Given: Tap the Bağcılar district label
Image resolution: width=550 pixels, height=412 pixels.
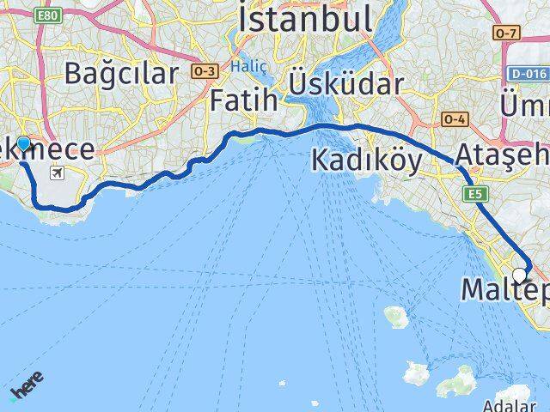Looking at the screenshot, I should [120, 73].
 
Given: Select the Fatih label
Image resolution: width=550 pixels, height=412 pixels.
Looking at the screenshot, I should [244, 100].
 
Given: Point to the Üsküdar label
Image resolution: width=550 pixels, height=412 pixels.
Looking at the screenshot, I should [346, 84].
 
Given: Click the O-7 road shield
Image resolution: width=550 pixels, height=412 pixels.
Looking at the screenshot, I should [506, 33].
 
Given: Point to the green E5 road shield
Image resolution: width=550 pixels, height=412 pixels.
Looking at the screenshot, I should [475, 195].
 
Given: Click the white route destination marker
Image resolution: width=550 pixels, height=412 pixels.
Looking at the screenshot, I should [519, 276].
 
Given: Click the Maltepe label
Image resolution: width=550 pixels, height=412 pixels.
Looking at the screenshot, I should [504, 290].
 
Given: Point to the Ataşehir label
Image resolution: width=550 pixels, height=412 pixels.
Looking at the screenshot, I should [503, 156].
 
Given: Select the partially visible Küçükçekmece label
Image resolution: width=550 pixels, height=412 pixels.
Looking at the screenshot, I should [47, 149].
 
